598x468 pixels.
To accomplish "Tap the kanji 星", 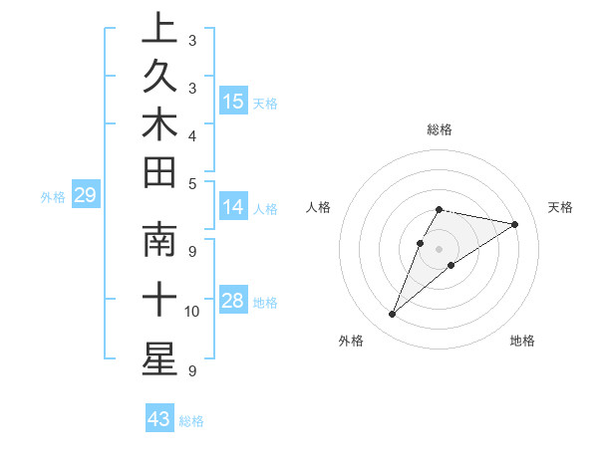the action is (159, 358).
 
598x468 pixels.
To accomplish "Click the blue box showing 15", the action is (233, 101).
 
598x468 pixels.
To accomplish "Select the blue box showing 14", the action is (233, 207).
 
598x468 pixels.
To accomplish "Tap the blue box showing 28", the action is (233, 301).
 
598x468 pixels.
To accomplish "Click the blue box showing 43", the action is (159, 419).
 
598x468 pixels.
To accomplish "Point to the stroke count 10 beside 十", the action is (192, 312).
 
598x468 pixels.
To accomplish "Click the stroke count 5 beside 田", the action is (192, 182).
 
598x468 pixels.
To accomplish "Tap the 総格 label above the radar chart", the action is (440, 129).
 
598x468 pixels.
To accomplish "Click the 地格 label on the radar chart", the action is (522, 341).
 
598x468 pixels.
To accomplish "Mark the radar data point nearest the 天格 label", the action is (514, 224).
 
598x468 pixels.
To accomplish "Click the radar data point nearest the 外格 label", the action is (393, 315).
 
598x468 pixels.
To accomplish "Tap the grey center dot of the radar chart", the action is (440, 248).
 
